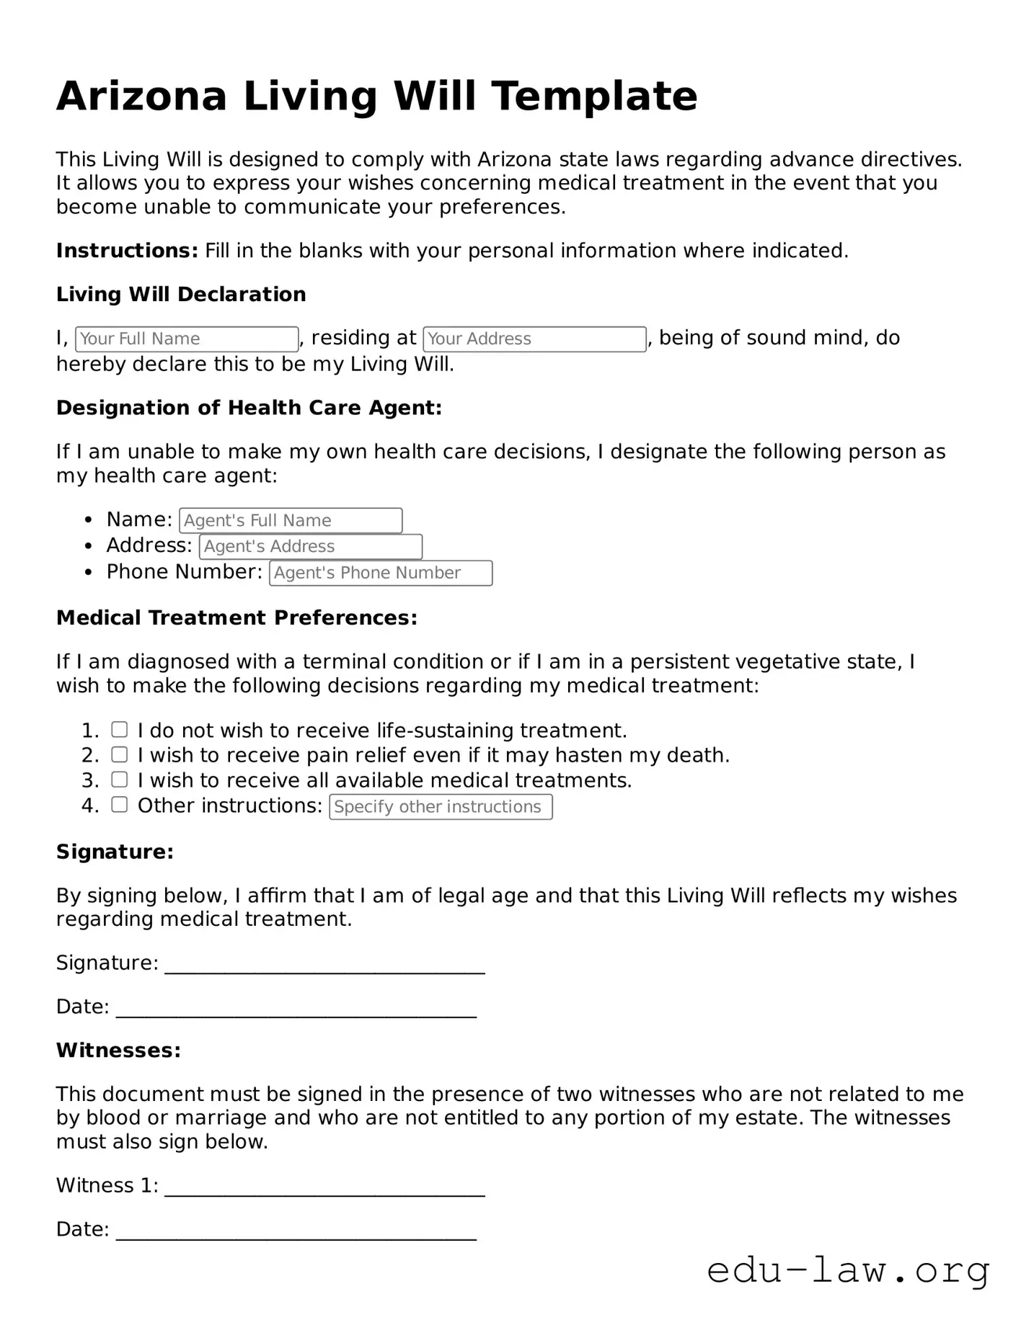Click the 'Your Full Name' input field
point(186,339)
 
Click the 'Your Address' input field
point(534,339)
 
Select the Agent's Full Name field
point(291,520)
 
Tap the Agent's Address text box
point(311,546)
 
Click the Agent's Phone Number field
point(381,573)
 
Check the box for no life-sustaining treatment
point(120,730)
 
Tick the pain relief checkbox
point(120,754)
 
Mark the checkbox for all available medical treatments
point(120,780)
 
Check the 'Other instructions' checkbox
point(120,804)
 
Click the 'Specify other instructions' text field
point(441,806)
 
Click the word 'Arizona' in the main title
point(141,96)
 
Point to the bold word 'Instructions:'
point(127,251)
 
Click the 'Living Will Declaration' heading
point(181,294)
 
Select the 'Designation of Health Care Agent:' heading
point(249,408)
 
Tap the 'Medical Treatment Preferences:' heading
point(237,617)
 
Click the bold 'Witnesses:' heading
point(118,1050)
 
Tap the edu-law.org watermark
point(848,1271)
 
